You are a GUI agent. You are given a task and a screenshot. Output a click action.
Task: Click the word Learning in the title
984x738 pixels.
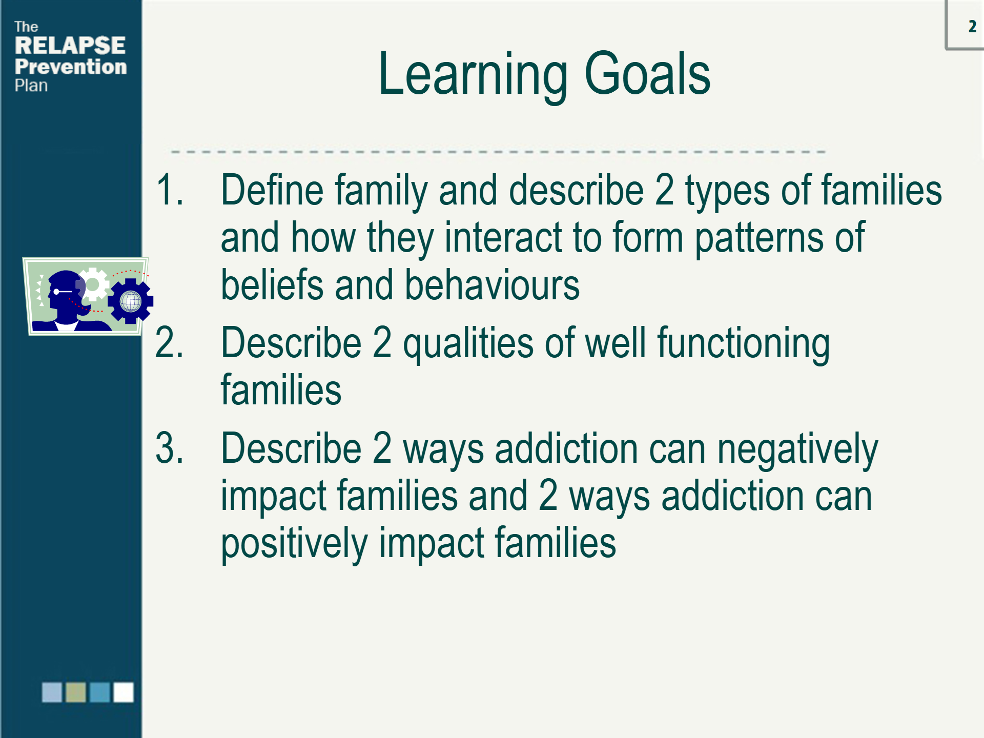click(473, 75)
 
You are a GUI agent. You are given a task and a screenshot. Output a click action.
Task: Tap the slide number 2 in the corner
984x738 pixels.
click(972, 27)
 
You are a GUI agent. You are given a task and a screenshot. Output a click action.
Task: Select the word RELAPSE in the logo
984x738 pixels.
click(70, 46)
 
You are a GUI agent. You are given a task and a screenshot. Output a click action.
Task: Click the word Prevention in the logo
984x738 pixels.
click(71, 67)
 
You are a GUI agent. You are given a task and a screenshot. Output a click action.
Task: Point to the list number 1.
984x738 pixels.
click(170, 190)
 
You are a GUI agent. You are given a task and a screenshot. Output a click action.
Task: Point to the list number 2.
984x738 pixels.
click(170, 342)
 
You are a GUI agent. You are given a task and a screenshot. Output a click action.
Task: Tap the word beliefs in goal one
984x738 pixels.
click(272, 284)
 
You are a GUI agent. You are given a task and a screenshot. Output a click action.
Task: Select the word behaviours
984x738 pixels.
click(493, 284)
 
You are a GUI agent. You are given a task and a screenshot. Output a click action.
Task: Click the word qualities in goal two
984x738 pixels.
click(468, 344)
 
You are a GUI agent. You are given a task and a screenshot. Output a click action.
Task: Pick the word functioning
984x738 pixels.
click(744, 344)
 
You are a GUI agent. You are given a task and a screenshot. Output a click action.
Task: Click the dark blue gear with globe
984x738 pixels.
click(131, 301)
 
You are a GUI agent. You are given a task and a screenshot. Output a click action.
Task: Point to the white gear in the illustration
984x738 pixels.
click(93, 284)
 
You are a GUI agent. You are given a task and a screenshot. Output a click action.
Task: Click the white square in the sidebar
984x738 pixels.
click(124, 692)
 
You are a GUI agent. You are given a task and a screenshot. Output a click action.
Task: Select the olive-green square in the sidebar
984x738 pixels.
click(76, 692)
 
